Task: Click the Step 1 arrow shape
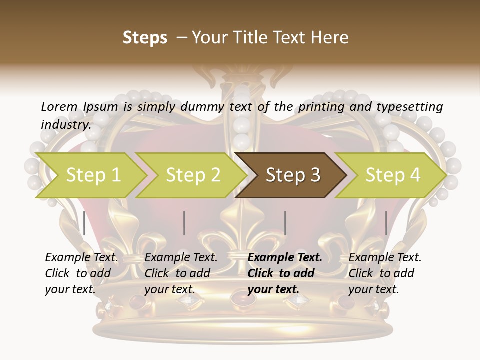[x=90, y=175]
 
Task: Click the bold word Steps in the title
[x=145, y=38]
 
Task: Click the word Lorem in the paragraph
[x=59, y=106]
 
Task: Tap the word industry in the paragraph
[x=65, y=124]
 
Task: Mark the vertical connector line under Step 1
[x=84, y=223]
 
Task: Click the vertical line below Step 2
[x=184, y=223]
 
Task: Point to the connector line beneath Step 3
[x=285, y=223]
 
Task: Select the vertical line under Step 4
[x=386, y=223]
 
